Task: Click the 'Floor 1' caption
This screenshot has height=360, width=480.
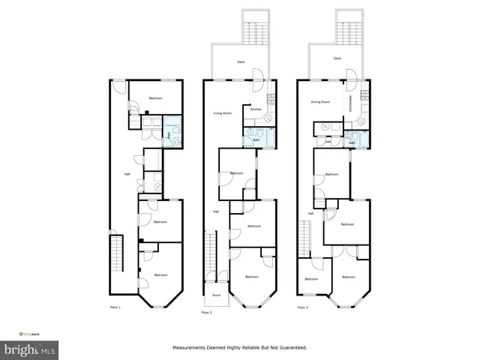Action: pos(115,307)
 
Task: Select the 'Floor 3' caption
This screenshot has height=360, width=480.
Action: pos(301,307)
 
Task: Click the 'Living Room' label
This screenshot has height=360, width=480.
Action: pos(222,113)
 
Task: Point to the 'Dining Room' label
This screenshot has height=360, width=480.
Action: pos(321,101)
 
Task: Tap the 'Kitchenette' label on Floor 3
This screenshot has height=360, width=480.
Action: pos(351,103)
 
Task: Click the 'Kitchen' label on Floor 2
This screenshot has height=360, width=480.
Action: pos(256,109)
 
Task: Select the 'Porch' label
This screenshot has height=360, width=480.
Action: pos(216,295)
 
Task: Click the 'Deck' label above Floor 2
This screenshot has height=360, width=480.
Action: pos(241,62)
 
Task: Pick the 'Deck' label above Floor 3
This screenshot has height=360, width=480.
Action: pos(337,58)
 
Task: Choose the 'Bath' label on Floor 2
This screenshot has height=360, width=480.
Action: pos(256,139)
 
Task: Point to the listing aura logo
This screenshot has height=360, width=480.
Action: pos(30,333)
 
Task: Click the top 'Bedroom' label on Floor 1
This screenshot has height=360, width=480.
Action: pos(155,99)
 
